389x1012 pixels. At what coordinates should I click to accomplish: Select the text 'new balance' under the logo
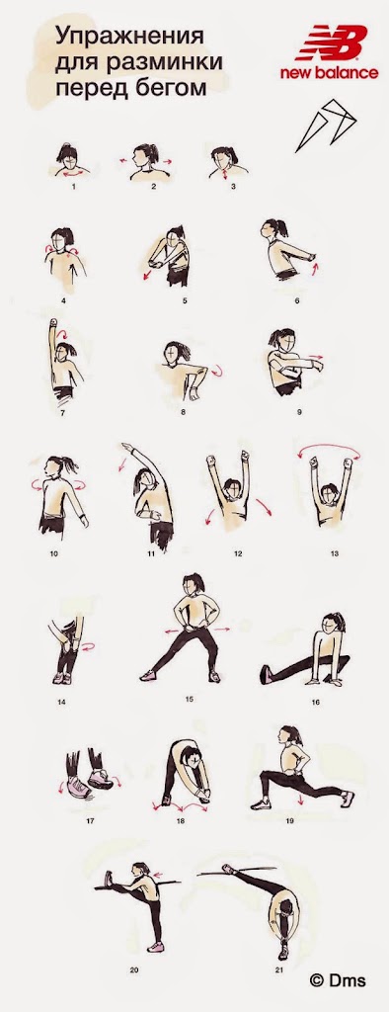[x=329, y=73]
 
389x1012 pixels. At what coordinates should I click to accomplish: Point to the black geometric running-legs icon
[x=326, y=124]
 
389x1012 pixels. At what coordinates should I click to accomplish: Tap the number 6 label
[x=297, y=300]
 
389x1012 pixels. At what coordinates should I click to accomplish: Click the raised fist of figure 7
[x=53, y=323]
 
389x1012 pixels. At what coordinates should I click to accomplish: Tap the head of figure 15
[x=192, y=585]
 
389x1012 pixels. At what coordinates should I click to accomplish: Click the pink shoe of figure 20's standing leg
[x=155, y=947]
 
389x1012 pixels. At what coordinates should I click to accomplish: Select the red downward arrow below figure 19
[x=301, y=799]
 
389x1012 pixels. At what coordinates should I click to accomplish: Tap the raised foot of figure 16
[x=266, y=674]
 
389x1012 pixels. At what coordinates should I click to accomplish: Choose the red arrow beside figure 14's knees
[x=88, y=645]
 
